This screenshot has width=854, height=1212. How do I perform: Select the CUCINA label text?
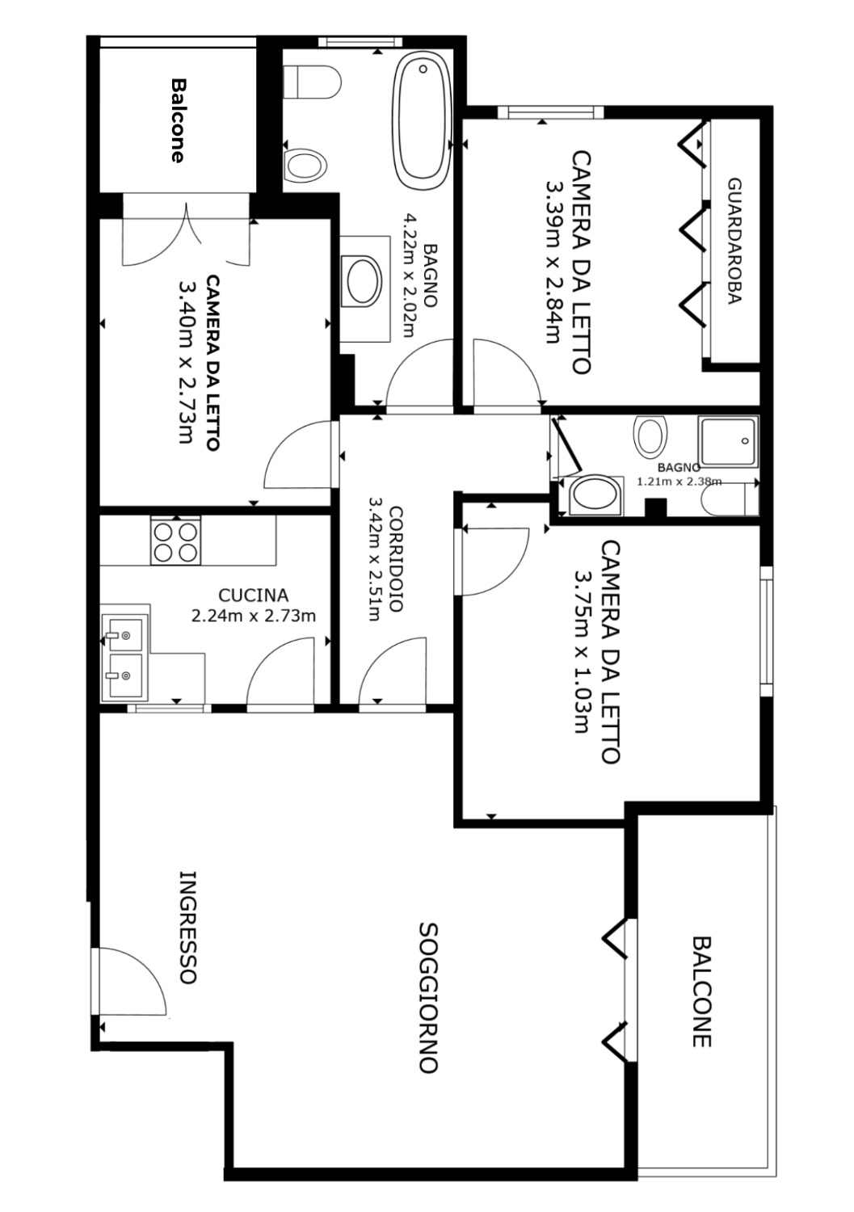pyautogui.click(x=253, y=595)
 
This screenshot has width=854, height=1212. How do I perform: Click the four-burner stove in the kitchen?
pyautogui.click(x=175, y=540)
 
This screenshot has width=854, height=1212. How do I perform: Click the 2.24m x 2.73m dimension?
pyautogui.click(x=253, y=616)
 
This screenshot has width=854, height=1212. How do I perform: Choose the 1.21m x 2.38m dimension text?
pyautogui.click(x=679, y=481)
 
